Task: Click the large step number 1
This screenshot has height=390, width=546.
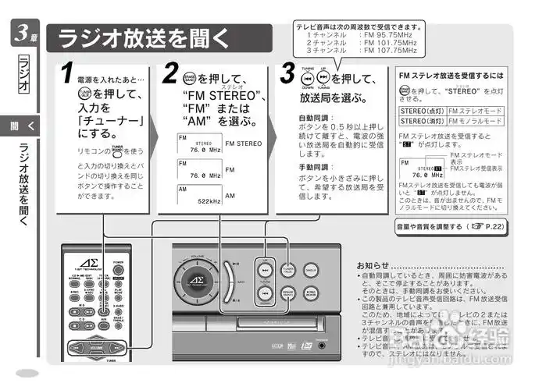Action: tap(69, 73)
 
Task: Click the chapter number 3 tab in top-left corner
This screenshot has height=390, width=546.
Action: tap(24, 34)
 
